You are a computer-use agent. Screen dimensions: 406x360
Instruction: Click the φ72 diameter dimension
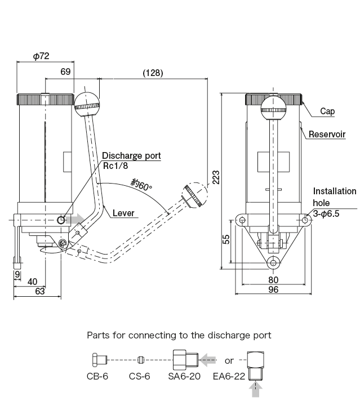(x=41, y=56)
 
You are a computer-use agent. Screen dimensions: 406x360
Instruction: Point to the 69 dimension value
(x=65, y=72)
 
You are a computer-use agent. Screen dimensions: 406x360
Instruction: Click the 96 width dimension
(x=273, y=290)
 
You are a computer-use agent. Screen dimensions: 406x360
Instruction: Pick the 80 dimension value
(x=273, y=279)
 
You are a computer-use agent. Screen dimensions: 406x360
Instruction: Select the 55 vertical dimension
(x=225, y=239)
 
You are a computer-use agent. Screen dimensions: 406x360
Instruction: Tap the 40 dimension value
(x=32, y=281)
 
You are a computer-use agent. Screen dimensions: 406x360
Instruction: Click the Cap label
(x=327, y=111)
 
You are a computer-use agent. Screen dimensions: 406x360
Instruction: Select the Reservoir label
(x=327, y=135)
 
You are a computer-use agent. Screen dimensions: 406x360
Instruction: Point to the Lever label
(x=123, y=213)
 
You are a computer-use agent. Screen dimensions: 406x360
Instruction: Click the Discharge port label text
(x=131, y=155)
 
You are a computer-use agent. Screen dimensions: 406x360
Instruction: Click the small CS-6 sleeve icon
(x=141, y=359)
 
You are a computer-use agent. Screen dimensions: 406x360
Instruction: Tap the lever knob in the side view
(x=87, y=103)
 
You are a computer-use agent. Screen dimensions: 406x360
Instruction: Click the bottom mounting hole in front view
(x=273, y=261)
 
